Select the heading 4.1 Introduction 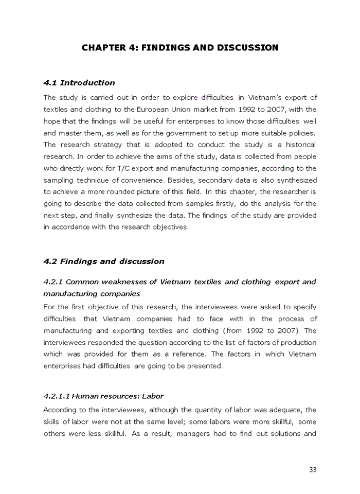tap(79, 83)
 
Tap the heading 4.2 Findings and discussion tap(104, 261)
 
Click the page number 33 tap(313, 469)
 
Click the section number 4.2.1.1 tap(57, 396)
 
